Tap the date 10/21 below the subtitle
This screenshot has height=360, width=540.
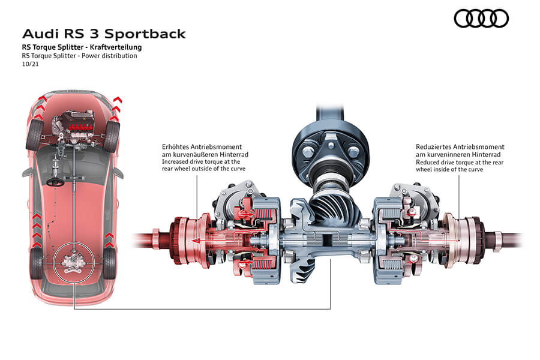pyautogui.click(x=28, y=64)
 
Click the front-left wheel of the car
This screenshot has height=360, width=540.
pyautogui.click(x=34, y=135)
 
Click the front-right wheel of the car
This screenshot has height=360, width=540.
pyautogui.click(x=112, y=135)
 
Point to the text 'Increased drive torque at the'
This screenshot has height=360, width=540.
pyautogui.click(x=201, y=161)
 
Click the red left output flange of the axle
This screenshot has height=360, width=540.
pyautogui.click(x=184, y=239)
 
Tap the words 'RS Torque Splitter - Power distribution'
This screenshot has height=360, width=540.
pyautogui.click(x=79, y=56)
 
